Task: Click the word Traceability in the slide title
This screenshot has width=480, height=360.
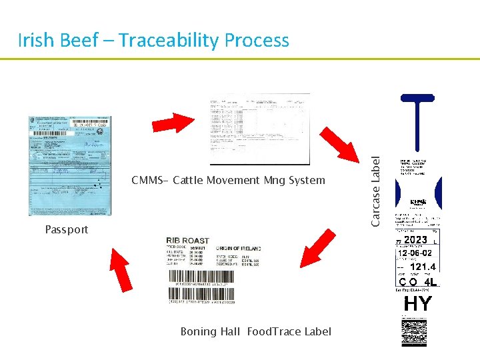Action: coord(165,41)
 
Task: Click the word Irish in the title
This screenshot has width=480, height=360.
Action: coord(36,41)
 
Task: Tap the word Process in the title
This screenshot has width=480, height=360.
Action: coord(257,41)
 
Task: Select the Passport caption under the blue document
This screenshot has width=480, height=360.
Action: coord(67,229)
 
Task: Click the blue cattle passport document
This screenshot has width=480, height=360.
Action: coord(69,166)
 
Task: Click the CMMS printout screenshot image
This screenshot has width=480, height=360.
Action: coord(260,129)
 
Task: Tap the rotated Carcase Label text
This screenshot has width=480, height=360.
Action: coord(376,191)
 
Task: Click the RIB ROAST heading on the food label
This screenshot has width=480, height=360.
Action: coord(187,241)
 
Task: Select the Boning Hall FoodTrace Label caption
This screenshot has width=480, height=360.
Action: coord(255,331)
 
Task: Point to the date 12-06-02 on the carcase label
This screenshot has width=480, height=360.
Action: coord(415,253)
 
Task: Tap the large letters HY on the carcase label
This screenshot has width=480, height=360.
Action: coord(417,304)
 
